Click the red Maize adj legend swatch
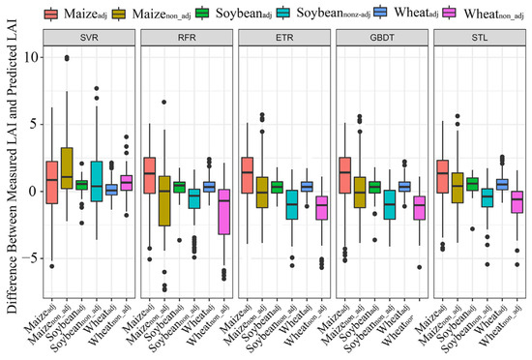coord(49,13)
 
